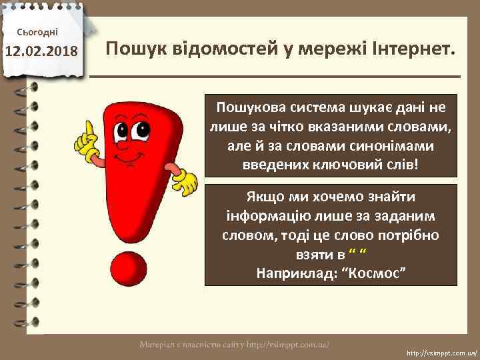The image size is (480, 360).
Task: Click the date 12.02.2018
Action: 42,51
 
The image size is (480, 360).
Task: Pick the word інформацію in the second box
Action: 265,216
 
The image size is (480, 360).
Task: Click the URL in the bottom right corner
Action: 441,351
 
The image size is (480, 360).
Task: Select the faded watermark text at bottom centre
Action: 235,345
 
